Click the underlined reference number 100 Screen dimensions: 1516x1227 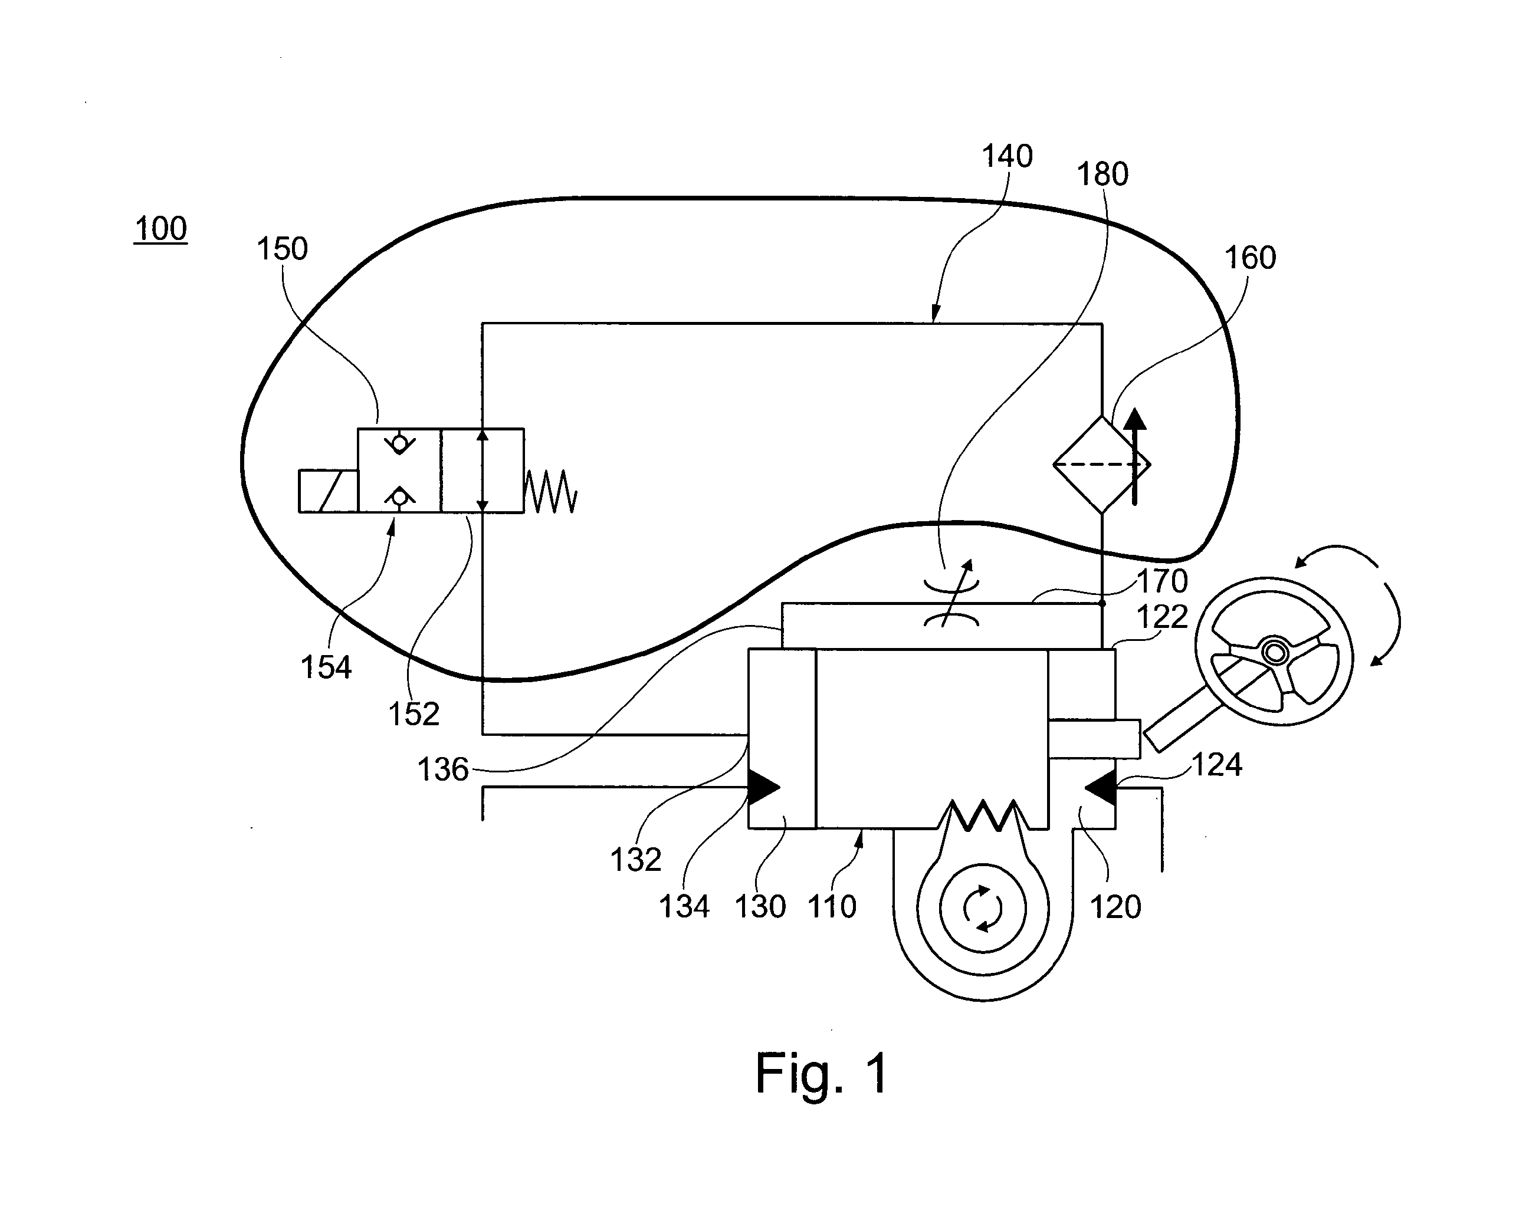[160, 229]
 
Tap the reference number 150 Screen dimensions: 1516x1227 [282, 249]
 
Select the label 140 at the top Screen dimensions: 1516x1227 [1007, 156]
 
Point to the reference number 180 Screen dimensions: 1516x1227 [1102, 174]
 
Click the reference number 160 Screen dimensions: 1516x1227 [1250, 257]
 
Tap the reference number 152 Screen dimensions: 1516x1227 [414, 714]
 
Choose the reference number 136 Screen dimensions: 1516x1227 [442, 769]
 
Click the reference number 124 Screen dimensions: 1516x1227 [1217, 764]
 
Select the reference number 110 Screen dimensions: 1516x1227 [832, 906]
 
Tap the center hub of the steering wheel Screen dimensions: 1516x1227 [1275, 652]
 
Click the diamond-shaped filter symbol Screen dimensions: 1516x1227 [1102, 465]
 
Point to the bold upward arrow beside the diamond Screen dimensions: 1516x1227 [1135, 456]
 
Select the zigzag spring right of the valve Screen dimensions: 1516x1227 [551, 491]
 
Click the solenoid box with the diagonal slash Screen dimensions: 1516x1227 [328, 491]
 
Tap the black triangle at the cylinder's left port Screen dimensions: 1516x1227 [764, 787]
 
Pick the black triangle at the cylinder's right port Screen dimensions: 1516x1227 [1100, 787]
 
